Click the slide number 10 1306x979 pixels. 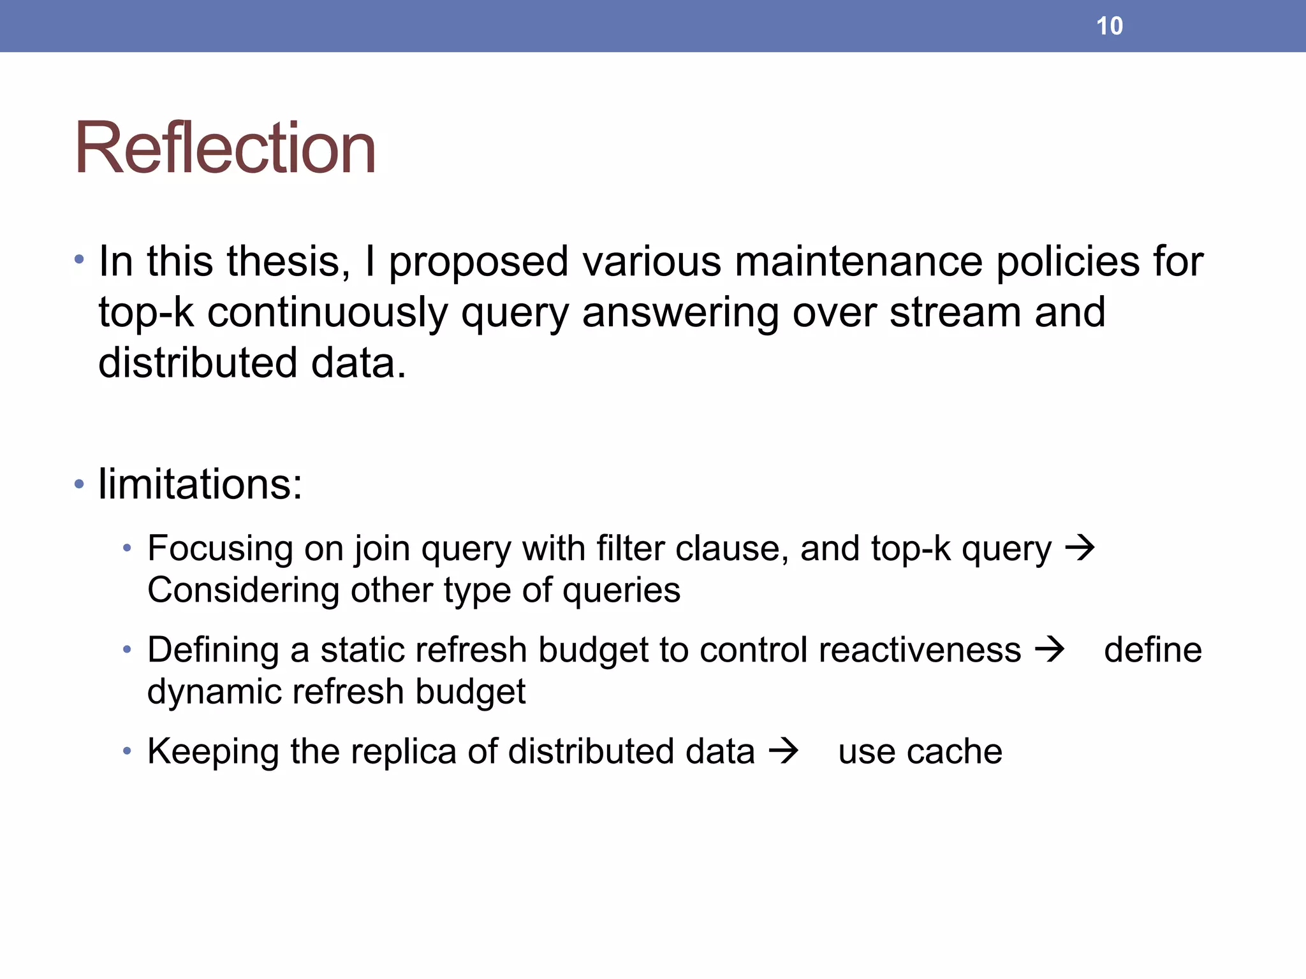point(1109,26)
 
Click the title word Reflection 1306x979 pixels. point(224,148)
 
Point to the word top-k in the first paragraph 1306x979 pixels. point(146,313)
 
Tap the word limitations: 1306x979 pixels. point(200,484)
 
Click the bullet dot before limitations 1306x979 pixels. point(79,484)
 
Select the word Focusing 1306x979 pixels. point(219,548)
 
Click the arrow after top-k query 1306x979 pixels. point(1080,548)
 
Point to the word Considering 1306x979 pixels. point(242,590)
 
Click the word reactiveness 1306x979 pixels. point(920,650)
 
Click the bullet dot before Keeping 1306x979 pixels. point(128,751)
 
